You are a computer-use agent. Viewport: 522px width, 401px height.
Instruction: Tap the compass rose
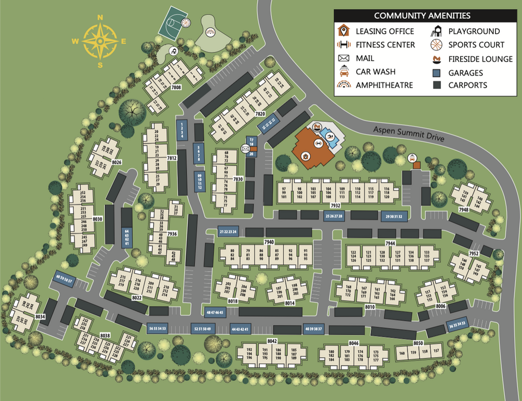coord(100,41)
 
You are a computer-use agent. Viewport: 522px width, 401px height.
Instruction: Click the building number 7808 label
coord(176,88)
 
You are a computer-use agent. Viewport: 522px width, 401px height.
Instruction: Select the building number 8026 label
coord(117,161)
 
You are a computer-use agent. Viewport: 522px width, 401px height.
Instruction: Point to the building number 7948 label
coord(463,209)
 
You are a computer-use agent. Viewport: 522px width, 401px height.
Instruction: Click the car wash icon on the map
coord(412,158)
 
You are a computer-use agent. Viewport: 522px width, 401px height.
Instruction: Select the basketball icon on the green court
coord(186,22)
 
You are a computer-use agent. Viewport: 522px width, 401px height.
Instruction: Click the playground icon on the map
coord(173,51)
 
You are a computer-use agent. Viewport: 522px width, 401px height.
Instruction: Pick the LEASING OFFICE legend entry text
coord(385,31)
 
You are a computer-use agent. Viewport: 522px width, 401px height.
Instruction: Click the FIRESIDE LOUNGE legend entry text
coord(480,59)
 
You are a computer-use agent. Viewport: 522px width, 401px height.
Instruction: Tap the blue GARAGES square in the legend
coord(437,73)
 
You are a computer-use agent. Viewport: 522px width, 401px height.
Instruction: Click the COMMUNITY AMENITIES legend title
coord(422,16)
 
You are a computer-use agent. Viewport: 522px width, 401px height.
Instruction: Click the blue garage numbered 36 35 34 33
coord(458,325)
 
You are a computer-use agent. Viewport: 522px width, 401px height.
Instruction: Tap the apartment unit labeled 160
coord(402,353)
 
